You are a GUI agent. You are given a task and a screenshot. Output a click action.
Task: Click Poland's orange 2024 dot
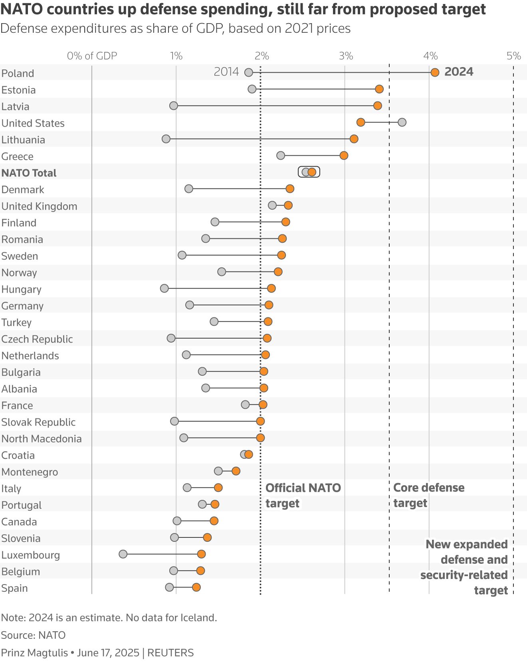[x=435, y=72]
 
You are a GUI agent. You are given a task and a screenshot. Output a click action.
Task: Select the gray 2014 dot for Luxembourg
[x=123, y=554]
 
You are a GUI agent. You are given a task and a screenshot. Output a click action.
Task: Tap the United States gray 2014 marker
[x=402, y=122]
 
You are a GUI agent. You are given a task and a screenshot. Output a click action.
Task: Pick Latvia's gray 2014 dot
[x=173, y=105]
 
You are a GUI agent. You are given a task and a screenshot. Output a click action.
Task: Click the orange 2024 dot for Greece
[x=344, y=155]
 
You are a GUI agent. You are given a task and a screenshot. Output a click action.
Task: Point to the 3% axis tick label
[x=346, y=56]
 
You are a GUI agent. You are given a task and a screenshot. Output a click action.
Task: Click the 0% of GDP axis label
[x=92, y=56]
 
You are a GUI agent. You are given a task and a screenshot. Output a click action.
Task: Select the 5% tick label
[x=513, y=56]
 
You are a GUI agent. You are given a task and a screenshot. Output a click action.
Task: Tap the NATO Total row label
[x=29, y=173]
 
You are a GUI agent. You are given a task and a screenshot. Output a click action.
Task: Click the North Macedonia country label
[x=42, y=439]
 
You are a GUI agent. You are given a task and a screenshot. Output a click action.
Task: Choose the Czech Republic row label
[x=37, y=339]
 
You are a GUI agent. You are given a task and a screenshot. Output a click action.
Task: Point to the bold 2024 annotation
[x=459, y=72]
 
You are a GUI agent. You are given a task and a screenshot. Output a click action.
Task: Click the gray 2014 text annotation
[x=226, y=72]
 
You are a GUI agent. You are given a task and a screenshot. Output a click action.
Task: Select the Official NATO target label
[x=303, y=495]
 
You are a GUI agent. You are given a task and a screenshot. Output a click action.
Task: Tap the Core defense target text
[x=428, y=495]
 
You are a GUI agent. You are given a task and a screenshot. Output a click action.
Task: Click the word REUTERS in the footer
[x=170, y=653]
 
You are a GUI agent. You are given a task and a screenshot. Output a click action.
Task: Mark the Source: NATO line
[x=33, y=635]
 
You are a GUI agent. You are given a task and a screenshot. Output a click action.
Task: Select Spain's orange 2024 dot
[x=196, y=587]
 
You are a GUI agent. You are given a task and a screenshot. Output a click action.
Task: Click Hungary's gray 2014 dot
[x=164, y=288]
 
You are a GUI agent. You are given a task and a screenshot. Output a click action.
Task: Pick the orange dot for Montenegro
[x=236, y=471]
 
